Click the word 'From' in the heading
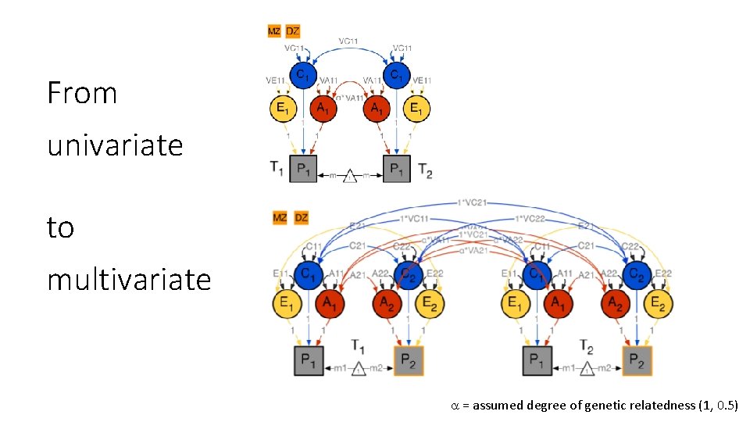click(x=82, y=93)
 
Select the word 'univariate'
click(x=115, y=145)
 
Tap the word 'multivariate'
click(x=129, y=279)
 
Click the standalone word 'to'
click(x=60, y=228)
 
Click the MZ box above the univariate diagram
click(x=274, y=31)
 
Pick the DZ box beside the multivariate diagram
click(x=301, y=217)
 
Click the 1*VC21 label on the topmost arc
click(x=472, y=202)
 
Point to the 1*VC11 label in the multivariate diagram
click(x=415, y=217)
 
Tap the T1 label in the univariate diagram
click(x=277, y=166)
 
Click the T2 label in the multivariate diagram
click(x=588, y=345)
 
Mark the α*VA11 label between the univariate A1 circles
click(x=350, y=98)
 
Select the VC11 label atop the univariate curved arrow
click(x=349, y=41)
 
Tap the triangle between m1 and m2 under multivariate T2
click(x=586, y=369)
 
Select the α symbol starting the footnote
click(x=455, y=406)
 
